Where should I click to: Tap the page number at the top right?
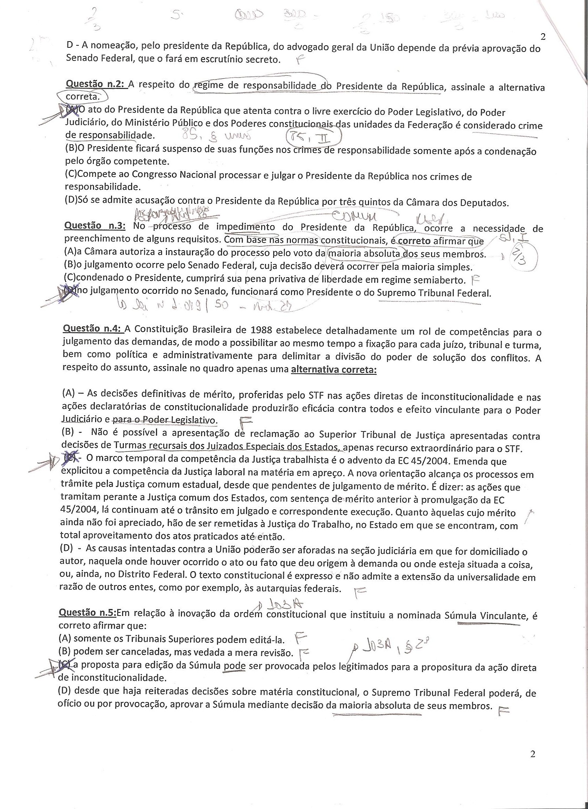pyautogui.click(x=543, y=37)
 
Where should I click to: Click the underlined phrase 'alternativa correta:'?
pyautogui.click(x=334, y=370)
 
